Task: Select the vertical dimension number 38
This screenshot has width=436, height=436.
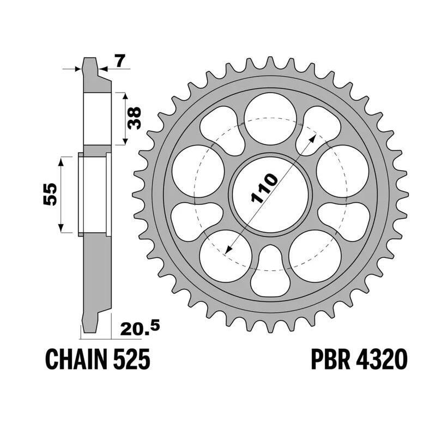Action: [x=134, y=118]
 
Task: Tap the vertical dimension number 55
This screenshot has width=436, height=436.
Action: [x=50, y=195]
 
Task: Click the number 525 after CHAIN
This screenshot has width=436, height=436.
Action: [x=131, y=360]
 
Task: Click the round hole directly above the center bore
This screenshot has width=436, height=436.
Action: [x=270, y=119]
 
